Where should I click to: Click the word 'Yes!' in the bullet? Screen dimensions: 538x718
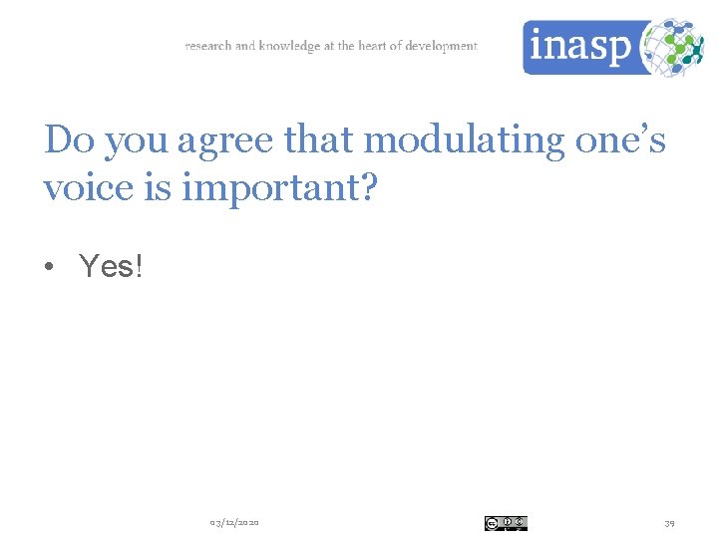click(x=111, y=266)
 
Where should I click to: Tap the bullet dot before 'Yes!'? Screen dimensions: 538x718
click(x=49, y=267)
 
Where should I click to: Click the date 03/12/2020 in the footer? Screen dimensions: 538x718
click(x=234, y=523)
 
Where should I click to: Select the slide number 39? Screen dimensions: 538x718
click(x=669, y=523)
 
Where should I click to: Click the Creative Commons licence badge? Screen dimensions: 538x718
click(x=506, y=523)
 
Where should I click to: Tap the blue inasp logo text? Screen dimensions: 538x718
click(x=578, y=47)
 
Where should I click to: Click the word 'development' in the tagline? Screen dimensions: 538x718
click(x=441, y=46)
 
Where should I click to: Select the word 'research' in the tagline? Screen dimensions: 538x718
click(x=207, y=46)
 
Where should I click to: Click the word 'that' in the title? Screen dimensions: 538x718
click(x=321, y=140)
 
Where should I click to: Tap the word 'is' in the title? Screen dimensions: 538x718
click(x=156, y=186)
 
